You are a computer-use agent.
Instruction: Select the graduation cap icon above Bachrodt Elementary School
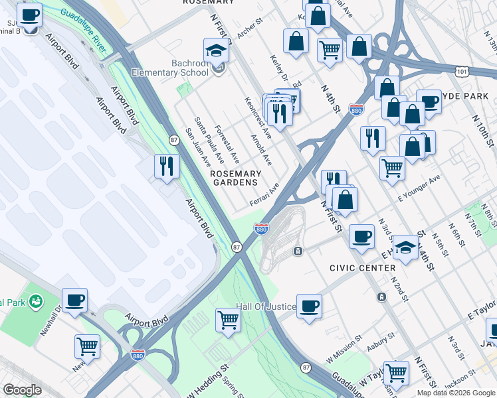(x=216, y=50)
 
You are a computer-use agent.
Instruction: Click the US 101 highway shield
(x=463, y=70)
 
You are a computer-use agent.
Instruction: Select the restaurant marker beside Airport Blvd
(x=167, y=165)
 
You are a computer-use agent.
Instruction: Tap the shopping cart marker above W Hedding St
(x=229, y=319)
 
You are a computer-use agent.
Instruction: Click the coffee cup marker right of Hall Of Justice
(x=309, y=306)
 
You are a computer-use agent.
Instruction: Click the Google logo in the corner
(x=22, y=390)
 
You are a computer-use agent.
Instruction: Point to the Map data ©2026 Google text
(x=456, y=393)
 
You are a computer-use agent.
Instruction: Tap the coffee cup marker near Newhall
(x=75, y=300)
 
